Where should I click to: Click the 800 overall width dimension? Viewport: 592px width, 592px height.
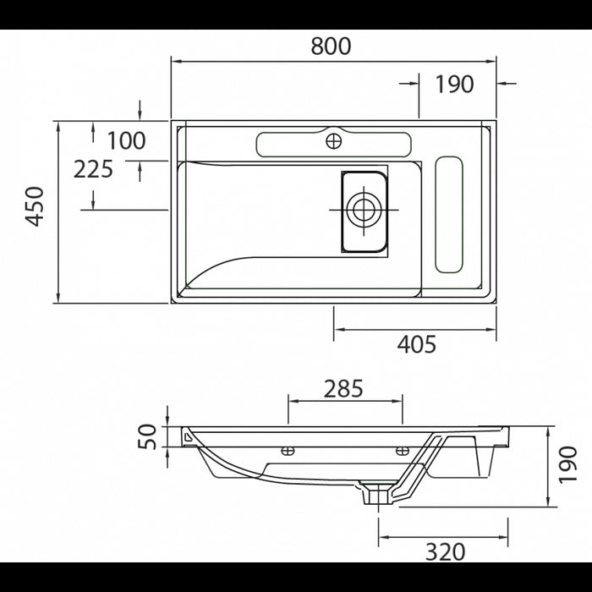(331, 47)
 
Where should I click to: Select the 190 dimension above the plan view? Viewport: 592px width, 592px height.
(454, 84)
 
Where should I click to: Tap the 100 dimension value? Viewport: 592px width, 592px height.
(127, 140)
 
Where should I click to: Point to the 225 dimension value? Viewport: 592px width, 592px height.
(93, 169)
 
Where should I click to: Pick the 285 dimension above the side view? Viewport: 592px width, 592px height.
(343, 388)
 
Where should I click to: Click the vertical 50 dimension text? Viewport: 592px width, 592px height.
(148, 436)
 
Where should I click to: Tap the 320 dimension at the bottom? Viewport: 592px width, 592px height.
(445, 552)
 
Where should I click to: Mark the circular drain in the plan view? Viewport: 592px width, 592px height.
(365, 209)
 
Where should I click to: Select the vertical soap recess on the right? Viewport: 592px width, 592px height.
(448, 215)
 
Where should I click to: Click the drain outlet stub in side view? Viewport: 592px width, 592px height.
(373, 494)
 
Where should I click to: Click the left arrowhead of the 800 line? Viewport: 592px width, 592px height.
(175, 61)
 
